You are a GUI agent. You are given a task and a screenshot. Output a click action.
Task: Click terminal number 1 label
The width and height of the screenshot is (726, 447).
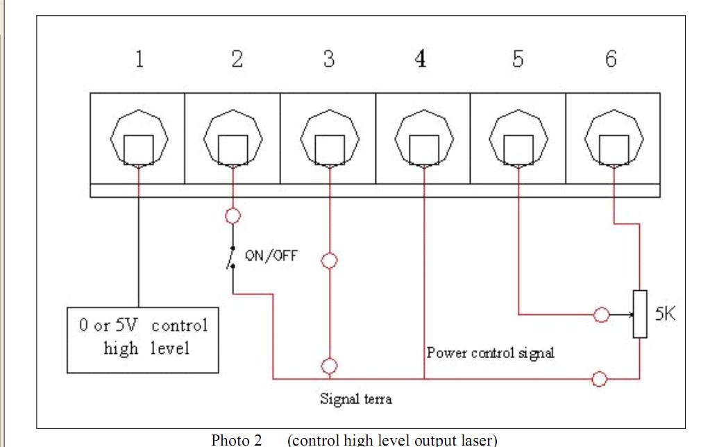coord(140,60)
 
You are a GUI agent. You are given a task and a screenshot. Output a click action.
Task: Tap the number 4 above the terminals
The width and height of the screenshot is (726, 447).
coord(420,60)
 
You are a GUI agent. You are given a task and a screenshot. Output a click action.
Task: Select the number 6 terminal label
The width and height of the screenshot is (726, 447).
coord(610,60)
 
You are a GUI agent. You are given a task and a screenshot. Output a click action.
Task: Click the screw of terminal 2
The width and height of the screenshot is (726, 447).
coord(233,146)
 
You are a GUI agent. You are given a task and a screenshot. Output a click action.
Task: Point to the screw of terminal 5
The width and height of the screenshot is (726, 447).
coord(518,146)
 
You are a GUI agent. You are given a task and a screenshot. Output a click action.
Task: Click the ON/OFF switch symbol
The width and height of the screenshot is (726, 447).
coord(233,258)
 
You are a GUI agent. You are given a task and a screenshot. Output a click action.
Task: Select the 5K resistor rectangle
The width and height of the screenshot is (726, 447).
coord(639,314)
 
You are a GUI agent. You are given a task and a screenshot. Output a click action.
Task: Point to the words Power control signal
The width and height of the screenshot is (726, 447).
coord(490,353)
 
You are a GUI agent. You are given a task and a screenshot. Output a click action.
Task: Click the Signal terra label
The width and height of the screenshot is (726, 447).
coord(355,399)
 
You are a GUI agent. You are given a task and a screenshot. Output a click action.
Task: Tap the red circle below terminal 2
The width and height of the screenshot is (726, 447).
coord(233,215)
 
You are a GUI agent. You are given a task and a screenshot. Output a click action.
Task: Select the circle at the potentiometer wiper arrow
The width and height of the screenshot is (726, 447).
coord(602,315)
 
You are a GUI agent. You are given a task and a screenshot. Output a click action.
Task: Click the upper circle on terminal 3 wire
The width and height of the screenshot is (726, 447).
coord(330,260)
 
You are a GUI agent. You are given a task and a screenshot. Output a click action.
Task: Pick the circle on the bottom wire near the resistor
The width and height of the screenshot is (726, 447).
coord(600,379)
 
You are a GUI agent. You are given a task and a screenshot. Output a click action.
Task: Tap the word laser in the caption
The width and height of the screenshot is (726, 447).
coord(475,440)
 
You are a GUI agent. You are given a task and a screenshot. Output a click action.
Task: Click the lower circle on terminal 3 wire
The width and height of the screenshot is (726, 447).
coord(330,365)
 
